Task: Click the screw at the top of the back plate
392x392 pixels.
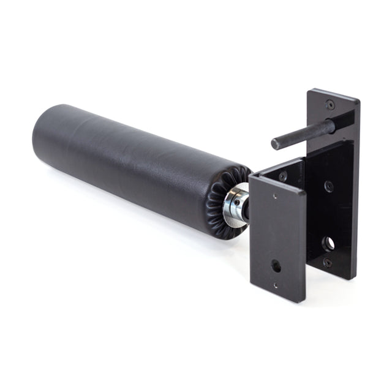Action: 330,105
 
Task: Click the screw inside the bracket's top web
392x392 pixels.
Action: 282,176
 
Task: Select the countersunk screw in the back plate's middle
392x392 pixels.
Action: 329,186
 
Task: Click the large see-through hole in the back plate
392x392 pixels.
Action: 329,243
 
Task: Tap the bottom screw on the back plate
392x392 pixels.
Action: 328,262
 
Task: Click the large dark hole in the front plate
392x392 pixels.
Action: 277,266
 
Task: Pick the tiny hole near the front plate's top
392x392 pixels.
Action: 274,197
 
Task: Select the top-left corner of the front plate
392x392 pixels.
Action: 251,178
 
